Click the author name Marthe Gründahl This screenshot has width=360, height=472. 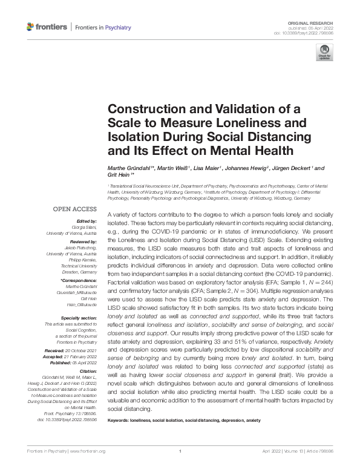129,168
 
